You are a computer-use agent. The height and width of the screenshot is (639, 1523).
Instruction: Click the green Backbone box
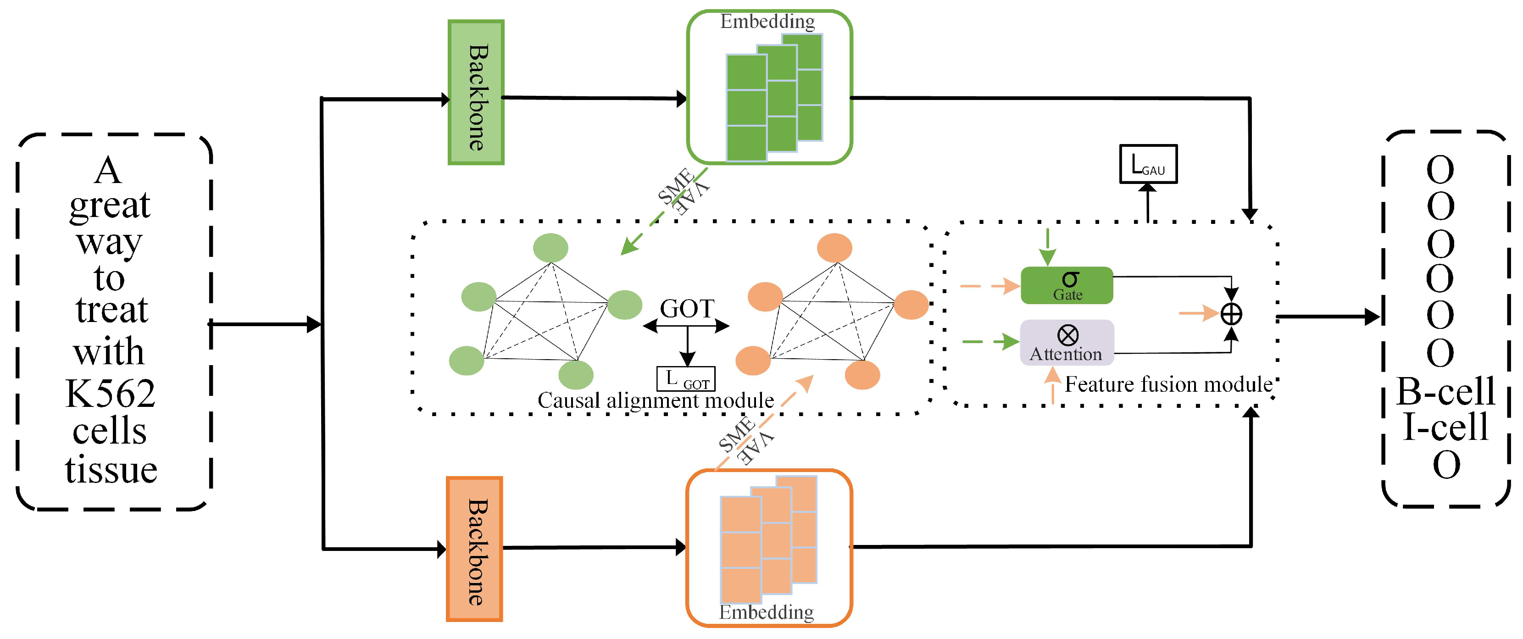[476, 93]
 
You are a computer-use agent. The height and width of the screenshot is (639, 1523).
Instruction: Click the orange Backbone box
[475, 549]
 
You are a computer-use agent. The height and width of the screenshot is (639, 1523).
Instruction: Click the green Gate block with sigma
[1067, 285]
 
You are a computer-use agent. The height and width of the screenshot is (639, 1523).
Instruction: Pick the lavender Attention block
[1067, 343]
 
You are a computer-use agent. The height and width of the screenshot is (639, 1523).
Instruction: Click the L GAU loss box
[1148, 164]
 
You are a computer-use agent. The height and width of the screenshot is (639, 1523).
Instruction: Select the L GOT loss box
[686, 379]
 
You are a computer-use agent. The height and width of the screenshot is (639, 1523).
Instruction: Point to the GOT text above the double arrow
[687, 309]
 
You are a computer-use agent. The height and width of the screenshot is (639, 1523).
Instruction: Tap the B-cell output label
[1445, 391]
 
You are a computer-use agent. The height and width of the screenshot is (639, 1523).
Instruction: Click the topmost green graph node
[550, 248]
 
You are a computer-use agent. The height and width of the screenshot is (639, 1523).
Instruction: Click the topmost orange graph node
[834, 248]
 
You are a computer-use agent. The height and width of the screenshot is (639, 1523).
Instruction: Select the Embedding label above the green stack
[767, 22]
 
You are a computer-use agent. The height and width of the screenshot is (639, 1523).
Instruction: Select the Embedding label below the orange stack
[766, 612]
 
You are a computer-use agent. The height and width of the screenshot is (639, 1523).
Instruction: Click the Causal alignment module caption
[655, 401]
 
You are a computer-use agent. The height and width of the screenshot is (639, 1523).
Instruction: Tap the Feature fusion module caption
[1168, 385]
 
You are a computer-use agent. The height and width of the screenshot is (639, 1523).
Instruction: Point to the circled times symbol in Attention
[1068, 335]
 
